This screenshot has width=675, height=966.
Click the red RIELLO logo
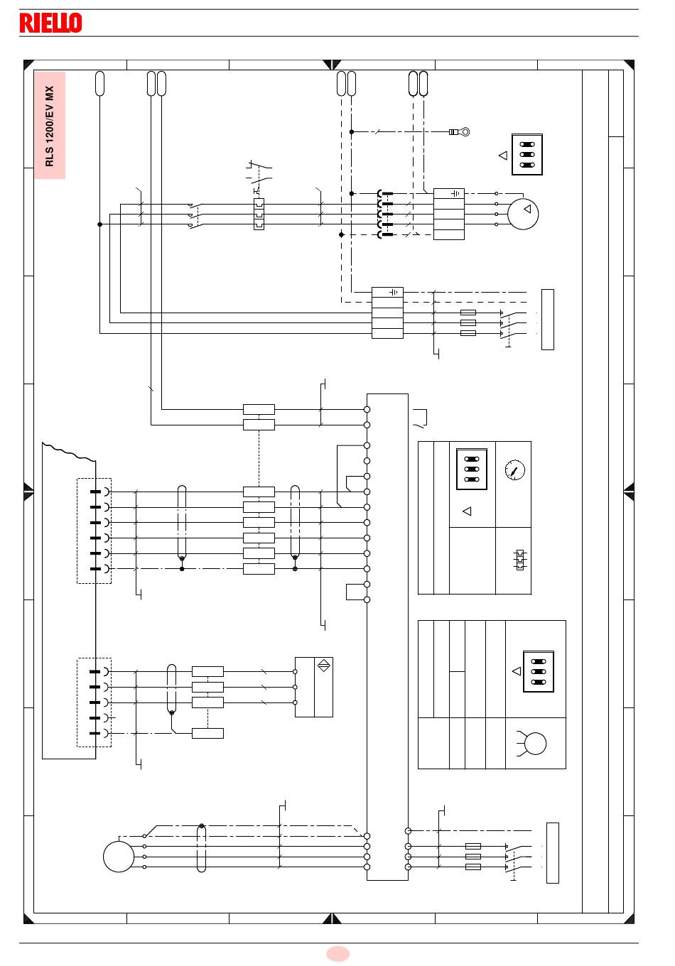[x=50, y=23]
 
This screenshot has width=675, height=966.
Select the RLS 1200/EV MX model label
[x=50, y=126]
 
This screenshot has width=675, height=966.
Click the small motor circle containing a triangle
[x=523, y=214]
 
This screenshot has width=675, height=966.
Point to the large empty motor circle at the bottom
[x=119, y=857]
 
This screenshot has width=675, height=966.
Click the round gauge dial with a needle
[x=515, y=470]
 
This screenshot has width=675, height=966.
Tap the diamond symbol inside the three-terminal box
[x=323, y=666]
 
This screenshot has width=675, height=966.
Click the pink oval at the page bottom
[x=337, y=954]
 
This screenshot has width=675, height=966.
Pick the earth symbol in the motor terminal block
[x=455, y=194]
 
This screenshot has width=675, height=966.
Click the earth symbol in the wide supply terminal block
[x=394, y=293]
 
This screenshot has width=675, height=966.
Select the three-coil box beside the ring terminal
[x=527, y=154]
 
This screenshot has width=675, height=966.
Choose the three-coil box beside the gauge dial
[x=472, y=469]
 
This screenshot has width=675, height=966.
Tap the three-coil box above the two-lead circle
[x=539, y=671]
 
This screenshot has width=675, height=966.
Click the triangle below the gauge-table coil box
[x=467, y=511]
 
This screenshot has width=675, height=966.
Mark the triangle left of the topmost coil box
[x=503, y=156]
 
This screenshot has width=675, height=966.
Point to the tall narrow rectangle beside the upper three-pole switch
[x=548, y=320]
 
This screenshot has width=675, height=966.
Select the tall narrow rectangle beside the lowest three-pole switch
[x=553, y=853]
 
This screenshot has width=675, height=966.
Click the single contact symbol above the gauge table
[x=421, y=418]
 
